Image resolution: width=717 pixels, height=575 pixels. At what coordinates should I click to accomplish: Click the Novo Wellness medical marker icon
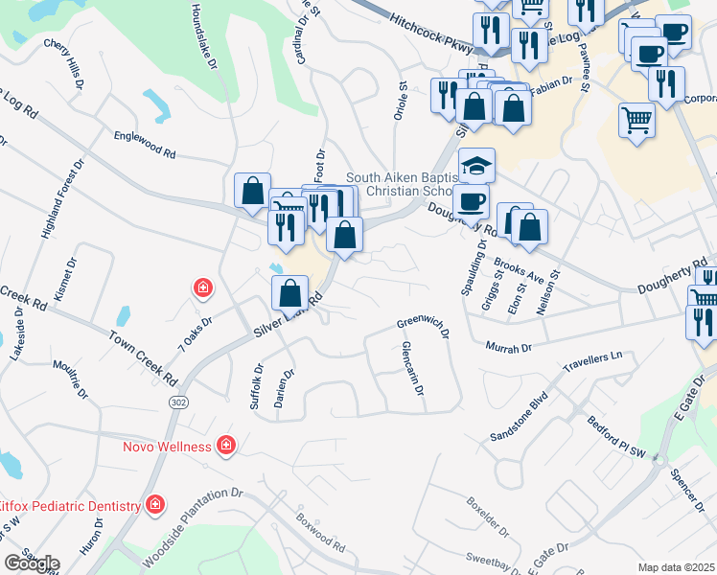tap(225, 446)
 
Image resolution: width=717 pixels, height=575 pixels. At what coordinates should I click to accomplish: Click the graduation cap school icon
tap(476, 166)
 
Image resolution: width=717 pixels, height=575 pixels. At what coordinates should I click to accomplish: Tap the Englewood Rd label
tap(145, 145)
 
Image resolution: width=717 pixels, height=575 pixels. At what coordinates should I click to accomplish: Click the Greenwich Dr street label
tap(423, 328)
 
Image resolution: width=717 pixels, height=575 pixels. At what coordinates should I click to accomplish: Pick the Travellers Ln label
tap(593, 356)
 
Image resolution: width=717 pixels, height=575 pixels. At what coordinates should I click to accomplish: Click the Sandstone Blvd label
tap(519, 408)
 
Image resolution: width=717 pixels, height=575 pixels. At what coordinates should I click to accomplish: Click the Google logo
tap(32, 563)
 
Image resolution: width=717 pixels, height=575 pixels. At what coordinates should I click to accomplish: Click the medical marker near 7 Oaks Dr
tap(202, 287)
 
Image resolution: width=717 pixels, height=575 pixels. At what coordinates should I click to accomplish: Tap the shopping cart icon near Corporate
tap(636, 121)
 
